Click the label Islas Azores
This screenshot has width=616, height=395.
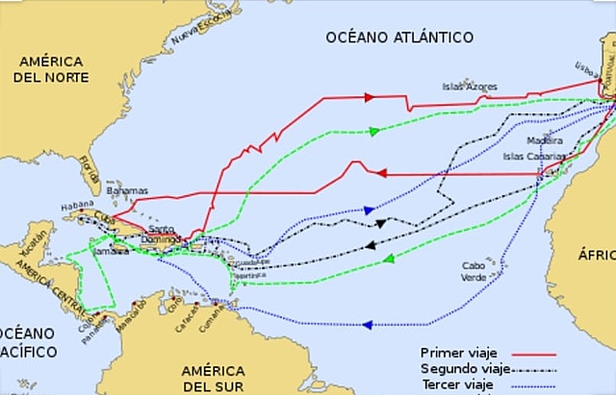coord(471,86)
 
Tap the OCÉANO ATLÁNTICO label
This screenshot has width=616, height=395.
coord(398,37)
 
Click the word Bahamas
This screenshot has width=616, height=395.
coord(127,191)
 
